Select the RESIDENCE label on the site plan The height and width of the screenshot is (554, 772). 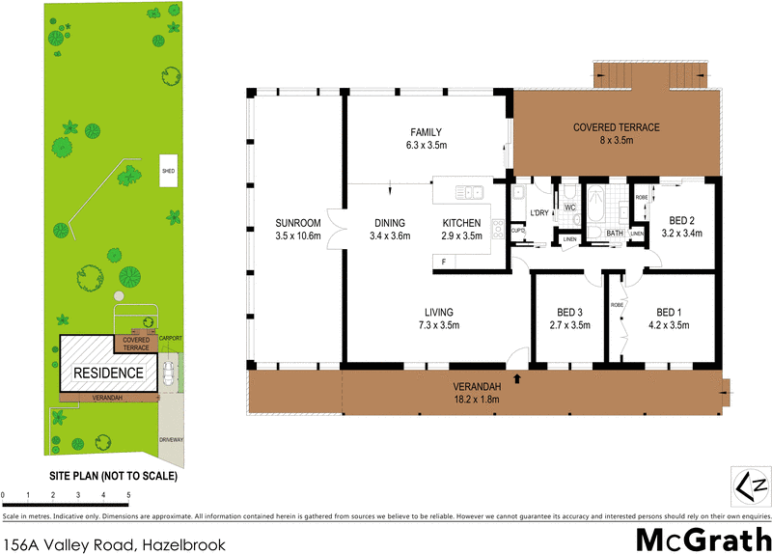coord(108,373)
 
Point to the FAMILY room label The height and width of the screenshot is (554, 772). coord(427,133)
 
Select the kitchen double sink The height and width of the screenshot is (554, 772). coord(471,192)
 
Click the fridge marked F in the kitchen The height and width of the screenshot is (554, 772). coord(443,262)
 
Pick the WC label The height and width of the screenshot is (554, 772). coord(569,207)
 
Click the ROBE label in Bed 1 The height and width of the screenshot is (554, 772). coord(618,305)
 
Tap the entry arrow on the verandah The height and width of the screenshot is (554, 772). coord(519,378)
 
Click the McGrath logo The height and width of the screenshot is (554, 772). coord(703,538)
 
